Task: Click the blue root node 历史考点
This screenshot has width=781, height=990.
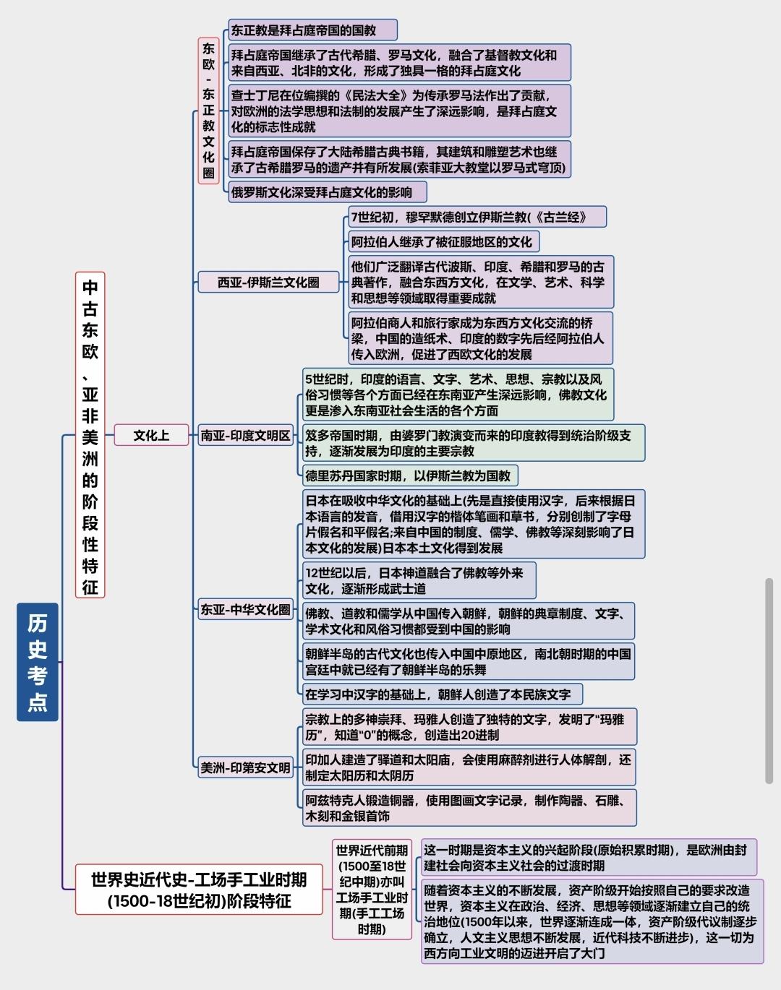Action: [38, 662]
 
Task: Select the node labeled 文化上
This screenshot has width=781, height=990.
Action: [152, 435]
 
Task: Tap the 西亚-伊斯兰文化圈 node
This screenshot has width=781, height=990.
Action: [268, 282]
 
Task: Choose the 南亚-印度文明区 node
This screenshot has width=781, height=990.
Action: [245, 435]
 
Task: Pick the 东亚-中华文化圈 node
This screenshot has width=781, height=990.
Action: [245, 610]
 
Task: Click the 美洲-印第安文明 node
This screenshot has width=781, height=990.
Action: [245, 767]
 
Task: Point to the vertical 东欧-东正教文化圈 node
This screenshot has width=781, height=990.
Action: [208, 111]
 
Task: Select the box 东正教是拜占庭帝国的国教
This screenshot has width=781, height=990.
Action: [312, 30]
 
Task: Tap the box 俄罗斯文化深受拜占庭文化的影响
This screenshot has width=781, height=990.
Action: [328, 191]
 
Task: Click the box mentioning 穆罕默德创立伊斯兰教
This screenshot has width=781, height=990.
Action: [477, 217]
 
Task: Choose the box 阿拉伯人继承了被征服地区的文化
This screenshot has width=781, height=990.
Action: [444, 241]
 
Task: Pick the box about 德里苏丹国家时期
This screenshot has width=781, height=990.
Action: [410, 475]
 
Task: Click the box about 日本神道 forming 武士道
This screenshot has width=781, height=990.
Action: [419, 580]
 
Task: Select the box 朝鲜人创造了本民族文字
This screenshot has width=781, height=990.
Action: [443, 694]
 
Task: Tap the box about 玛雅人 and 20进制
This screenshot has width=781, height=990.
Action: [470, 727]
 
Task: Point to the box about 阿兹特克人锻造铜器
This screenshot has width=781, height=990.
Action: [470, 808]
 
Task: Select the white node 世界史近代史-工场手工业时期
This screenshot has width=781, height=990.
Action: [199, 890]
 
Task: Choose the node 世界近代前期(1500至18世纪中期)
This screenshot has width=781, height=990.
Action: [372, 890]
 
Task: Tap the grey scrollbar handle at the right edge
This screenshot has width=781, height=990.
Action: [769, 681]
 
